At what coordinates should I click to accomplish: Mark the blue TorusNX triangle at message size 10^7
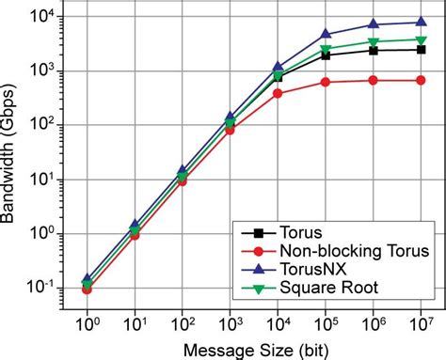click(x=422, y=22)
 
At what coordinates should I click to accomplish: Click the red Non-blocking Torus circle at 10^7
click(x=422, y=80)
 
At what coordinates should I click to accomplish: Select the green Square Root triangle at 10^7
click(x=422, y=39)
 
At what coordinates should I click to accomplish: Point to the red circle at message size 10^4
click(x=278, y=93)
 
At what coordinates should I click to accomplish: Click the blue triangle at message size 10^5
click(x=326, y=34)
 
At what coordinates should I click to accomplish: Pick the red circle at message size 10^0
click(x=88, y=290)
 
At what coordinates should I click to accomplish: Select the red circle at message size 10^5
click(x=326, y=82)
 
